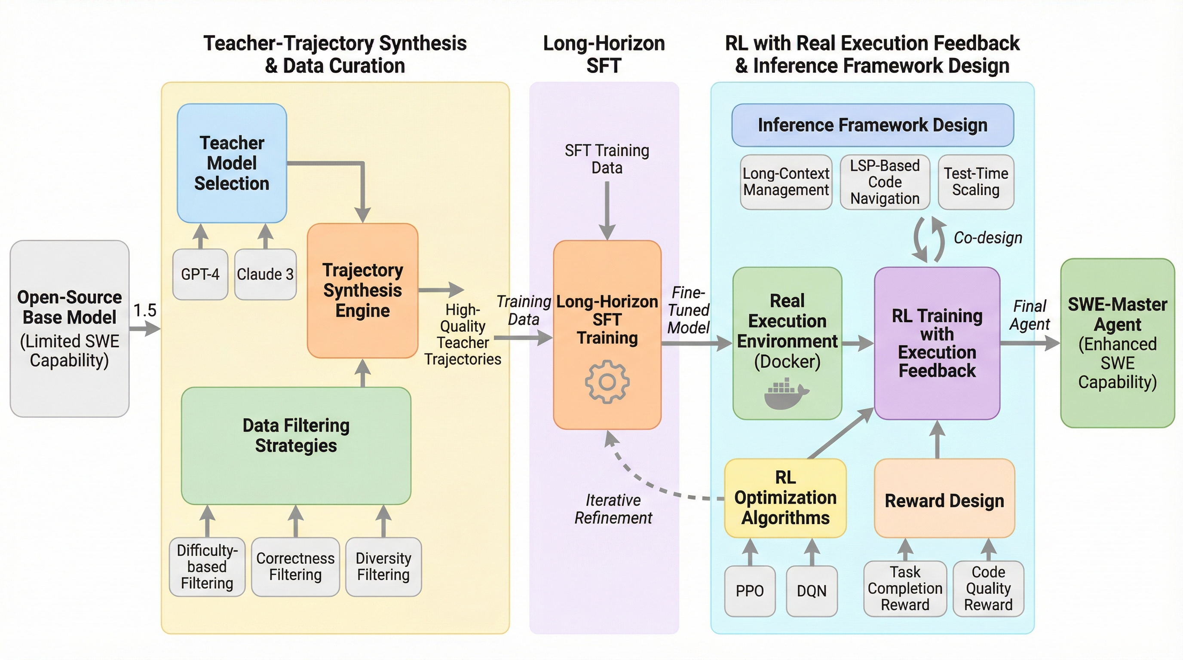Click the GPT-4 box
(x=200, y=274)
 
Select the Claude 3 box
(x=265, y=274)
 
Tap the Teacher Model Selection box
(x=232, y=163)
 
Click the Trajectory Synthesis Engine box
(x=362, y=290)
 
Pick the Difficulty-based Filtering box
(x=207, y=567)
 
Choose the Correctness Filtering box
(x=295, y=567)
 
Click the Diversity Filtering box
(x=383, y=567)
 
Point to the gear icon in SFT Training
(x=607, y=382)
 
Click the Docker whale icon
(x=786, y=393)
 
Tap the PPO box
(x=750, y=591)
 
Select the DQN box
(x=812, y=591)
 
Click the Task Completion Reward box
(x=905, y=588)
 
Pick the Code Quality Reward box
(x=988, y=588)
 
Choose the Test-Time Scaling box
(x=976, y=182)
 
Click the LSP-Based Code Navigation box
(x=885, y=182)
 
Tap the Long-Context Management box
(x=786, y=182)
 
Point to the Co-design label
(x=988, y=238)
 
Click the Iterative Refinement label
(x=613, y=509)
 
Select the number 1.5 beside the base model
(x=145, y=310)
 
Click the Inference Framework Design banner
(x=873, y=125)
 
